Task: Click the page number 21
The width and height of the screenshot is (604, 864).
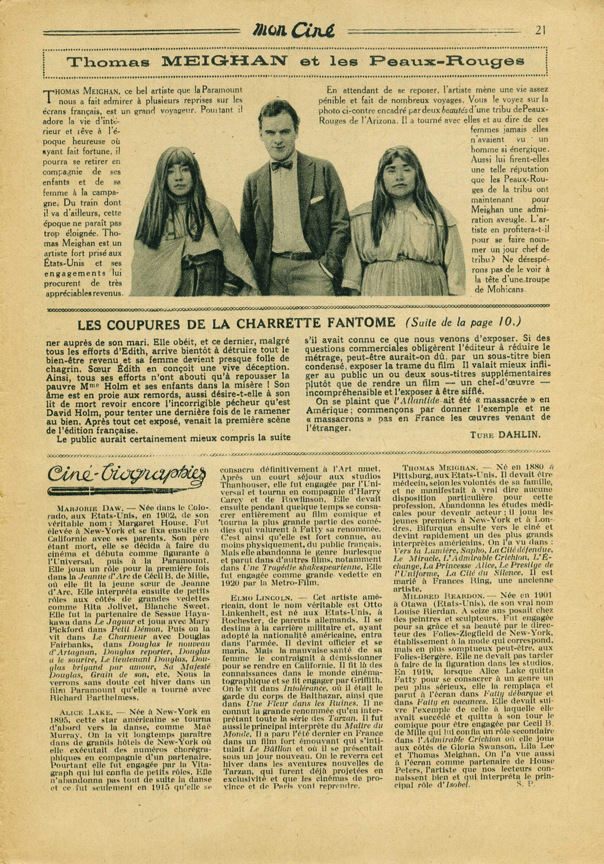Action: coord(540,31)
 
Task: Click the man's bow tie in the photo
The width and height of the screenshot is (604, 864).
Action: coord(282,165)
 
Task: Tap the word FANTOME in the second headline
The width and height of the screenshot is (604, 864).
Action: coord(361,323)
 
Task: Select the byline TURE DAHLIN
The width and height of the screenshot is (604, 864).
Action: coord(505,435)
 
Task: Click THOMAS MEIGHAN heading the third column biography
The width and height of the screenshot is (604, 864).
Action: coord(439,468)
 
